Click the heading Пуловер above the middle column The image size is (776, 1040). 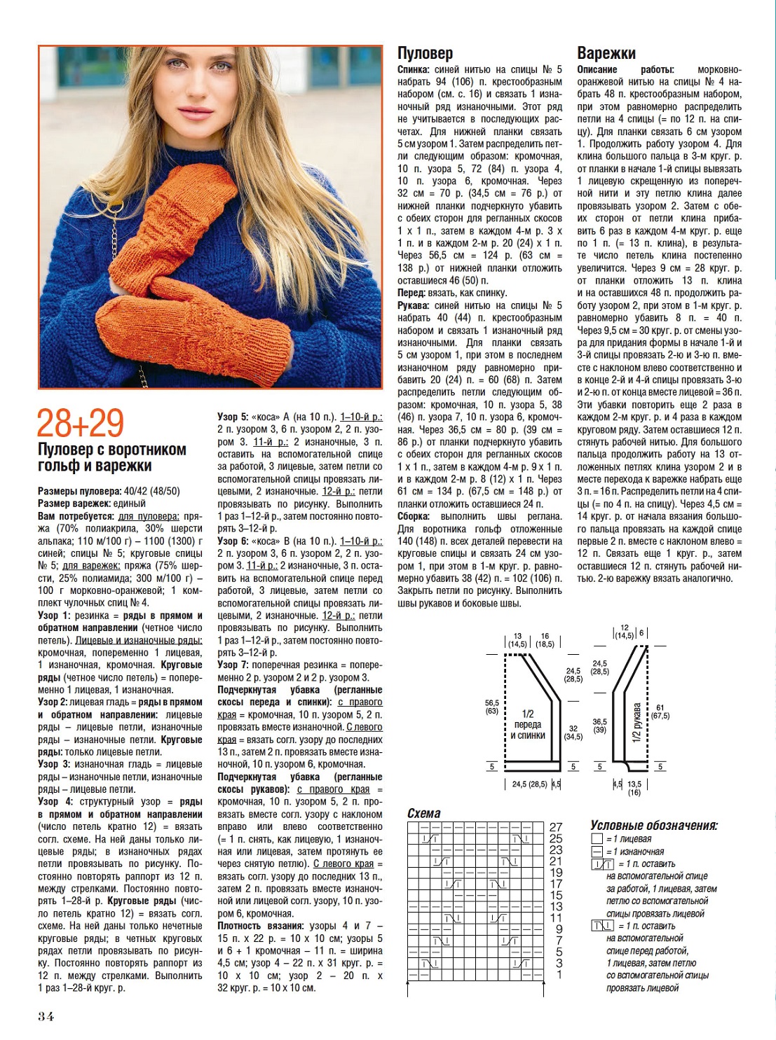[425, 53]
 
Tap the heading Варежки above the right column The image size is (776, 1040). [606, 53]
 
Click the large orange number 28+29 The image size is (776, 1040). [80, 423]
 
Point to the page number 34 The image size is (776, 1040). [46, 1016]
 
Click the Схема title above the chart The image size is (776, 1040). [424, 813]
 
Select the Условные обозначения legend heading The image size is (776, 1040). [654, 826]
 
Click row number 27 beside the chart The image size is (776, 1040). [556, 827]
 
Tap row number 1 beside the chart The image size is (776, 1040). [559, 974]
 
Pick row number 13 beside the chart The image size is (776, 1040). [556, 907]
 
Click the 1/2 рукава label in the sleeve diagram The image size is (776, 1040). [637, 722]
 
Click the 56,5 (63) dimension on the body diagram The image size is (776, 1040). [492, 707]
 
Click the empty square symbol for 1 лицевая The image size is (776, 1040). [597, 839]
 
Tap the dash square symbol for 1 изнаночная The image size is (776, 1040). [597, 852]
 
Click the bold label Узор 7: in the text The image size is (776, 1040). [233, 665]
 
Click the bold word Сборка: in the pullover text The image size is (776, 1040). [414, 516]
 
